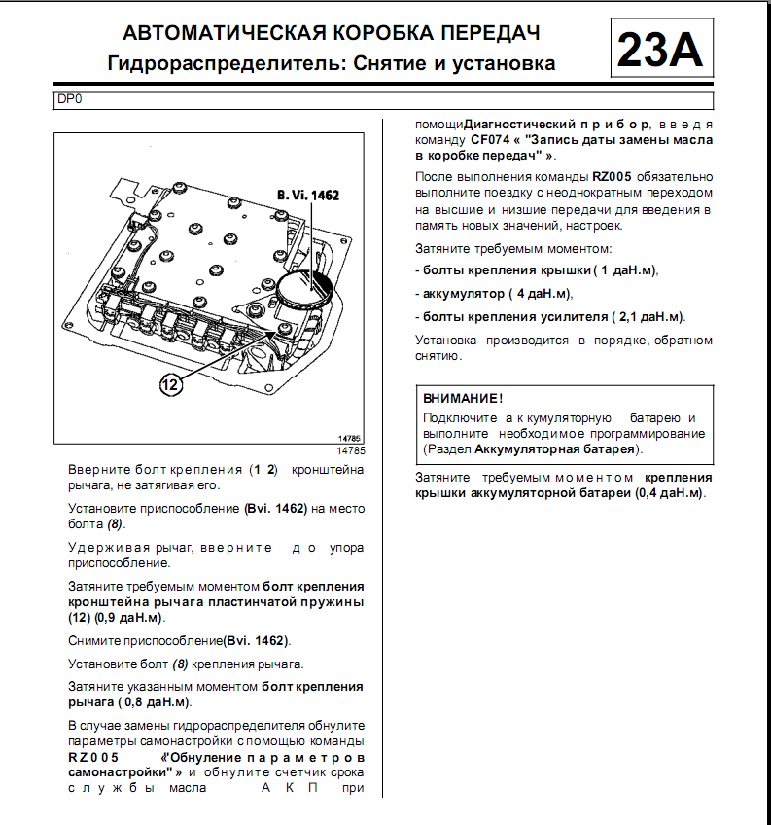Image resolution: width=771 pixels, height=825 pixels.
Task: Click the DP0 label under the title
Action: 70,99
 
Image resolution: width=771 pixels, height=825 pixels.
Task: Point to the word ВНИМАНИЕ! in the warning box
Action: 463,399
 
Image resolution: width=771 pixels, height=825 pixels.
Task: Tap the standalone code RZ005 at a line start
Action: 94,757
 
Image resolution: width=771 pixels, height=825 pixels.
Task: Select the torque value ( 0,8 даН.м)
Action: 155,701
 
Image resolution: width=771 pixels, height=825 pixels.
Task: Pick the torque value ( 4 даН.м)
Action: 541,293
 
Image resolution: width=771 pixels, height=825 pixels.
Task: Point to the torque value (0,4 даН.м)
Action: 671,493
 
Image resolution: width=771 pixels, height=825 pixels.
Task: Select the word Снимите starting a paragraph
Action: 95,641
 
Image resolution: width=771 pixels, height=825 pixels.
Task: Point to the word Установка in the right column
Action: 445,341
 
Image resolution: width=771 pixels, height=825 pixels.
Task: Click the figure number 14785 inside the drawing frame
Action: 351,439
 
